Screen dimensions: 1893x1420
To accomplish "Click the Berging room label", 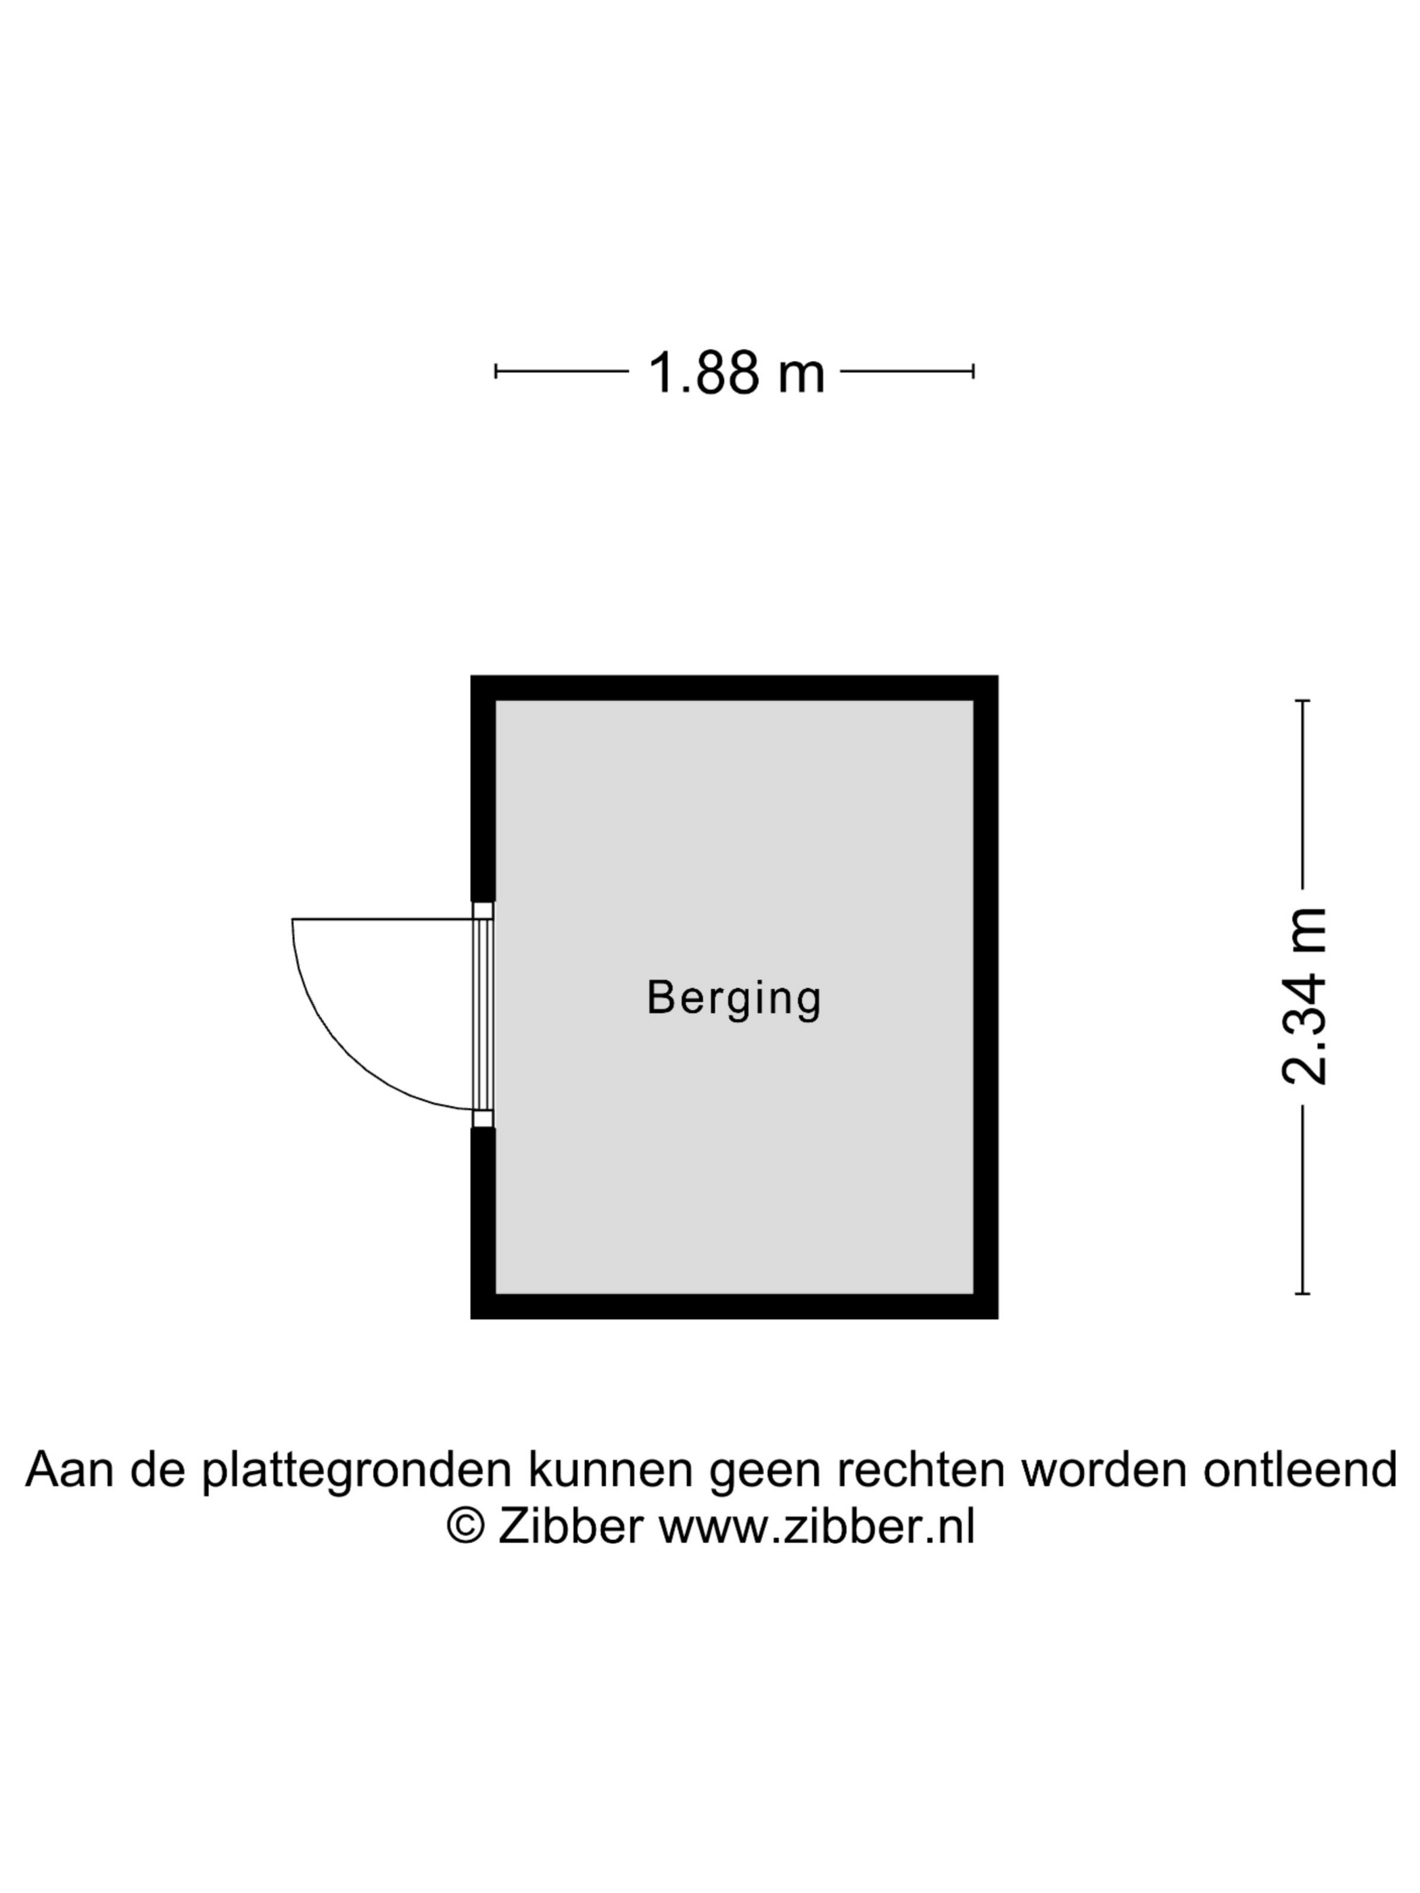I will (x=734, y=998).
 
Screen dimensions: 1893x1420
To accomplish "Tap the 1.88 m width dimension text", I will (x=735, y=373).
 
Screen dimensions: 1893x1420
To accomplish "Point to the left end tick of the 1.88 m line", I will (x=496, y=371).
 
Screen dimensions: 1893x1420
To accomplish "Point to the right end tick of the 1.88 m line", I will (x=973, y=371).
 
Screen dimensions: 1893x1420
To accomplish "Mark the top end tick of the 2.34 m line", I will (x=1303, y=701).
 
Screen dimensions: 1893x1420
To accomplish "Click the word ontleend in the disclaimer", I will (x=1300, y=1469).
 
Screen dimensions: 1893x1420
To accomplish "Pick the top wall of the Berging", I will (x=734, y=688).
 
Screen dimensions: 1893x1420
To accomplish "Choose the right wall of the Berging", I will (x=985, y=997).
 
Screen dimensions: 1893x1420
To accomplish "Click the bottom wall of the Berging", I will (x=734, y=1307).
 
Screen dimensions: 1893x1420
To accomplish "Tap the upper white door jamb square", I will (x=483, y=911).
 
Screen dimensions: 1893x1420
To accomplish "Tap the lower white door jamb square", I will (x=483, y=1118).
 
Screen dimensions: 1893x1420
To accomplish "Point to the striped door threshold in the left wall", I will (x=483, y=1014).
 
